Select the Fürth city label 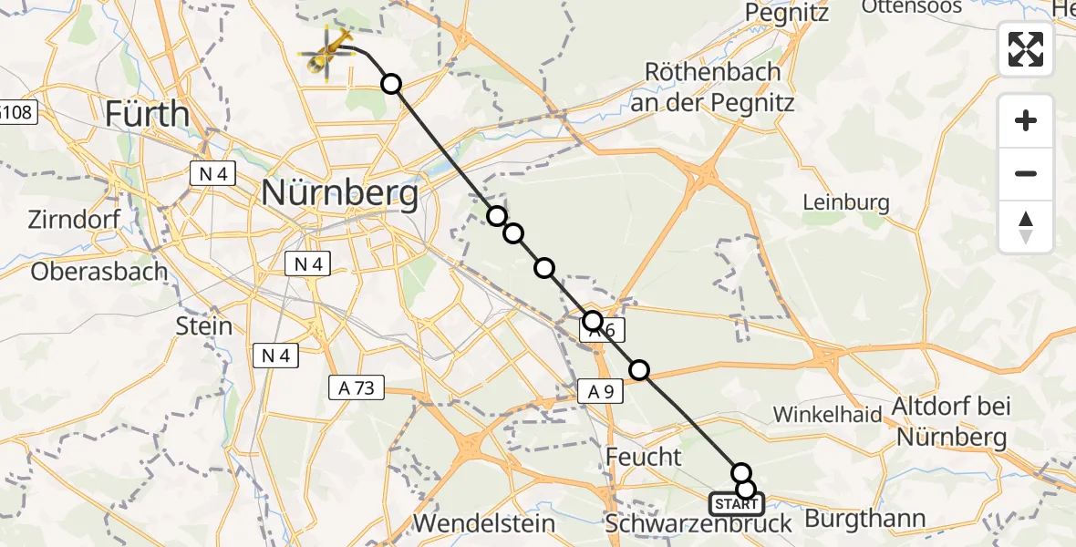[147, 115]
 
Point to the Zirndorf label [74, 220]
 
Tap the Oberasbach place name [99, 271]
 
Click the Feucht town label [643, 457]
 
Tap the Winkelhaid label [828, 415]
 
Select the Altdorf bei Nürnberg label [952, 421]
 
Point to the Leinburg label [846, 201]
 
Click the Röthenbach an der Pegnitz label [719, 87]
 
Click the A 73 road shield [357, 388]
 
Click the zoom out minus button [1026, 174]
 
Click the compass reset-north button [1026, 227]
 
